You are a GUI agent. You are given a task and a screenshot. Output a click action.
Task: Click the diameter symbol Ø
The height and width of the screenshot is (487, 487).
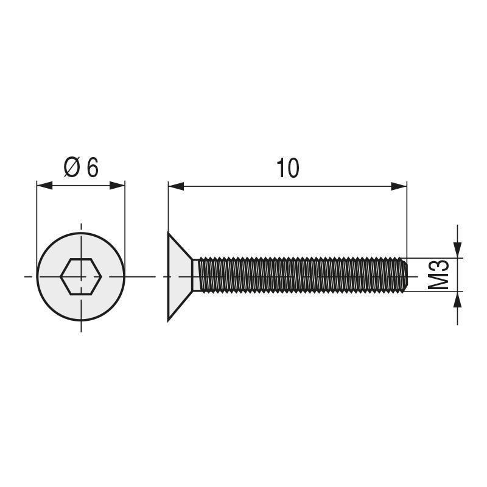click(x=72, y=167)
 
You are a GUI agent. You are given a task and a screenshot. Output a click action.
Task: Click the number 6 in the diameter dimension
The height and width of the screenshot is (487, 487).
click(x=93, y=167)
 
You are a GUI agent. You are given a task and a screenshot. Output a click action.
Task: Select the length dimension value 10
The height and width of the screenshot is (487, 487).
click(x=287, y=169)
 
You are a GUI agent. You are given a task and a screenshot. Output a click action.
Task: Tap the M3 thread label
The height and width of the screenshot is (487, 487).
click(x=440, y=275)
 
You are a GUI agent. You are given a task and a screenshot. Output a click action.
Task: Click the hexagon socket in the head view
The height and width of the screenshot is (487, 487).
click(x=81, y=276)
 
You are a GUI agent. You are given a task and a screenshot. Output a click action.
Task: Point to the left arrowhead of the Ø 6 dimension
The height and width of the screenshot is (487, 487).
click(x=44, y=185)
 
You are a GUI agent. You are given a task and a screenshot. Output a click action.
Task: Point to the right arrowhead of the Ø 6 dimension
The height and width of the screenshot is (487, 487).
click(x=117, y=185)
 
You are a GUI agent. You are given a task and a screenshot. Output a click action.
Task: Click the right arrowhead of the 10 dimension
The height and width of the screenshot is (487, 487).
click(x=399, y=186)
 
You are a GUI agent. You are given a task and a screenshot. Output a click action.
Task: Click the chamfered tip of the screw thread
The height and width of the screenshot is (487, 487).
click(x=404, y=276)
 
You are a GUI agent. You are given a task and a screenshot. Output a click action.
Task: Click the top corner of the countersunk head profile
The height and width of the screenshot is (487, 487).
click(x=169, y=233)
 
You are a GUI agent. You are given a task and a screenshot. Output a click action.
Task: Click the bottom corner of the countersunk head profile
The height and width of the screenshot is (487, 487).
click(x=169, y=320)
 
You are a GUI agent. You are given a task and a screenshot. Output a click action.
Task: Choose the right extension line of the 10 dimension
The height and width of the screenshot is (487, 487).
click(x=407, y=219)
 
